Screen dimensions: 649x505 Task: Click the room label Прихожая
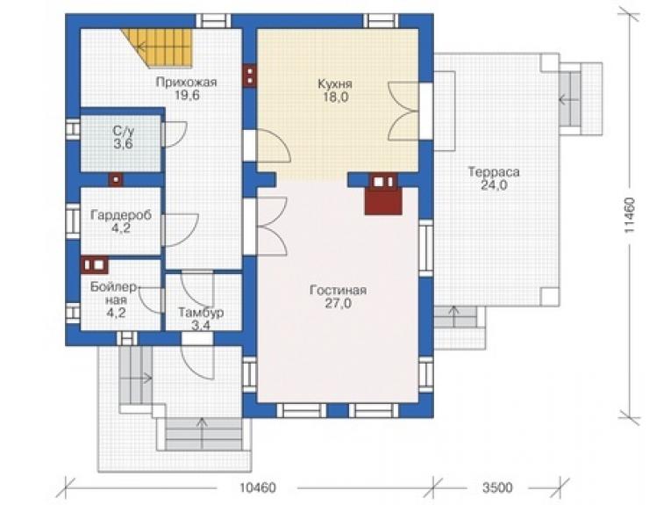(x=186, y=82)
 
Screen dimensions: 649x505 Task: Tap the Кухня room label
(x=335, y=83)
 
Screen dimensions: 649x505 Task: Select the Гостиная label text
(x=339, y=290)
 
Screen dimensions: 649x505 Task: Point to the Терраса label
(x=494, y=171)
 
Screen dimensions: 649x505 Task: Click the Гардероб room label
(x=121, y=215)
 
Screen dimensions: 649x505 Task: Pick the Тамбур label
(x=201, y=312)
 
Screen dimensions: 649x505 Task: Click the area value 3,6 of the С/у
(x=124, y=144)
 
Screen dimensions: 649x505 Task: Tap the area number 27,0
(x=339, y=304)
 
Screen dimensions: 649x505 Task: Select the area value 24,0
(x=494, y=185)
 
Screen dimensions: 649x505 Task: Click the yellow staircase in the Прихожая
(x=163, y=47)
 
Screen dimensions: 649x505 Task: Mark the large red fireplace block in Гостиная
(x=383, y=201)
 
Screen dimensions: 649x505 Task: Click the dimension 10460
(x=258, y=487)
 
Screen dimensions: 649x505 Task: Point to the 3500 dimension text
(x=497, y=487)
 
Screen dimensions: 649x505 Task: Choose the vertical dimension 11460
(x=630, y=215)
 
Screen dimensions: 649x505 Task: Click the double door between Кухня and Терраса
(x=403, y=112)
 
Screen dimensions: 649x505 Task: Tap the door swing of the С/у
(x=175, y=134)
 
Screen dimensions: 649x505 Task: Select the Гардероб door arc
(x=181, y=230)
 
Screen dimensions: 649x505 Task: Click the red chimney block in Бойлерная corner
(x=95, y=265)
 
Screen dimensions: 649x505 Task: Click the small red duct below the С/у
(x=116, y=179)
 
